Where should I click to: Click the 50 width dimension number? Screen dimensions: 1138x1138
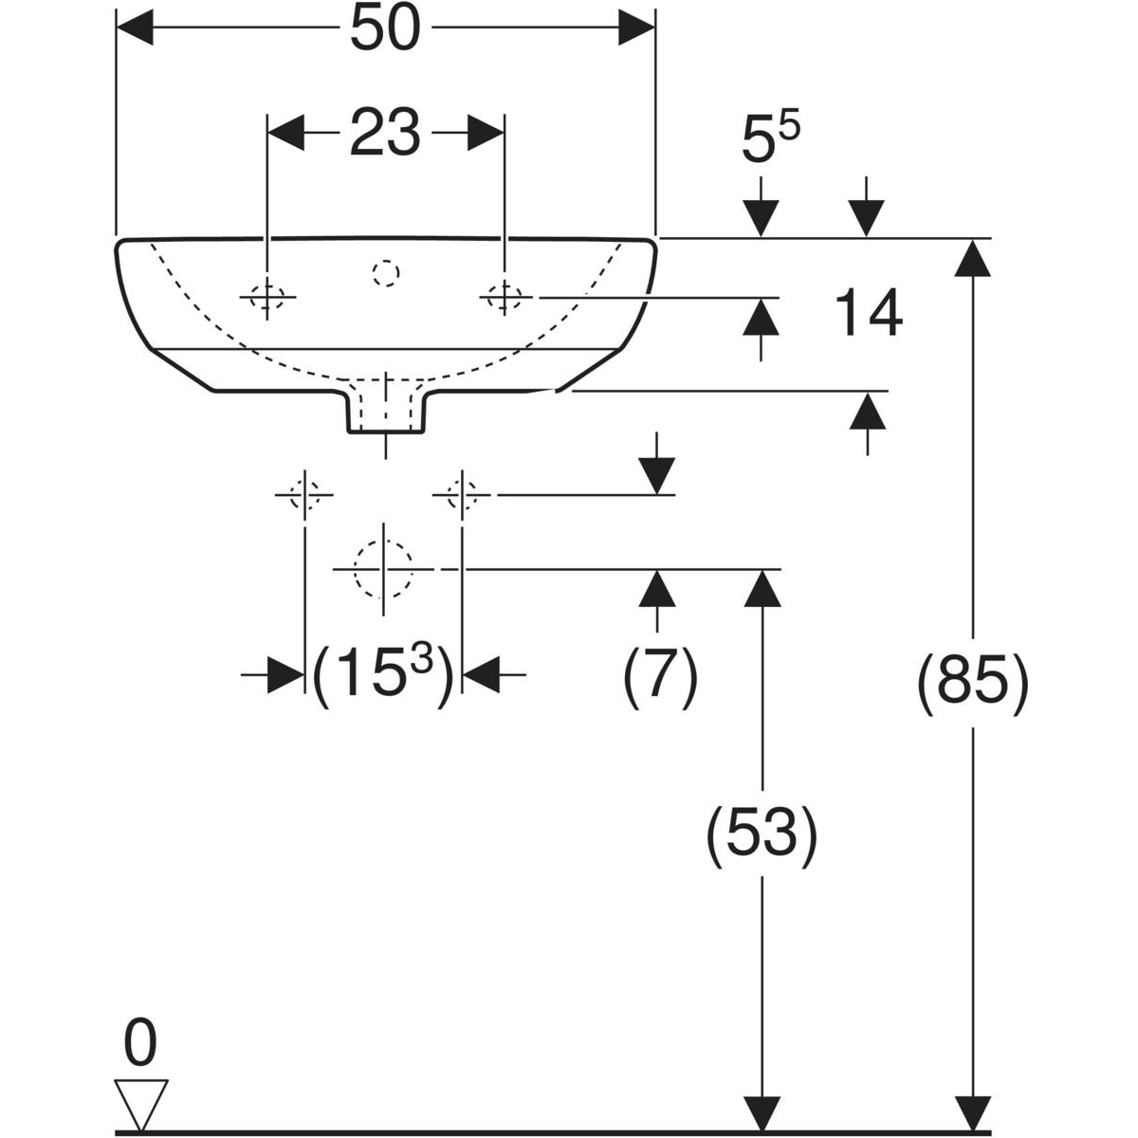click(384, 30)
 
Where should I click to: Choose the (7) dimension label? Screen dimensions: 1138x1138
click(660, 675)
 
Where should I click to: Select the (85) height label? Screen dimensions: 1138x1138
click(973, 683)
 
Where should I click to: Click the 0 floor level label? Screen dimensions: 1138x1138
click(140, 1045)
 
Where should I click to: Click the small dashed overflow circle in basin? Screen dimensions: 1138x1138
click(386, 274)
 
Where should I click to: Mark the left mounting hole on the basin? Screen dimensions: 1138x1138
click(268, 298)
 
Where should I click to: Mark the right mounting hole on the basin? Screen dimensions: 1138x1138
click(505, 297)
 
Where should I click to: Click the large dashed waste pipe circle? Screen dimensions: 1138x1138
click(383, 568)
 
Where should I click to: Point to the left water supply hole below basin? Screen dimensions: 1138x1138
click(304, 494)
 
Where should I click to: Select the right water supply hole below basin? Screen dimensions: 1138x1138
click(462, 494)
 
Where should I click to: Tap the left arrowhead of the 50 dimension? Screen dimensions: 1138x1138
click(134, 29)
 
